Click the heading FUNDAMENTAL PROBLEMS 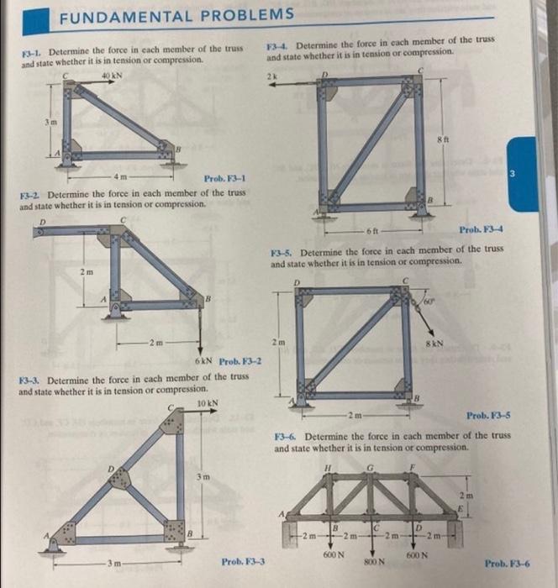click(x=176, y=14)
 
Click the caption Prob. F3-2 click(x=241, y=362)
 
